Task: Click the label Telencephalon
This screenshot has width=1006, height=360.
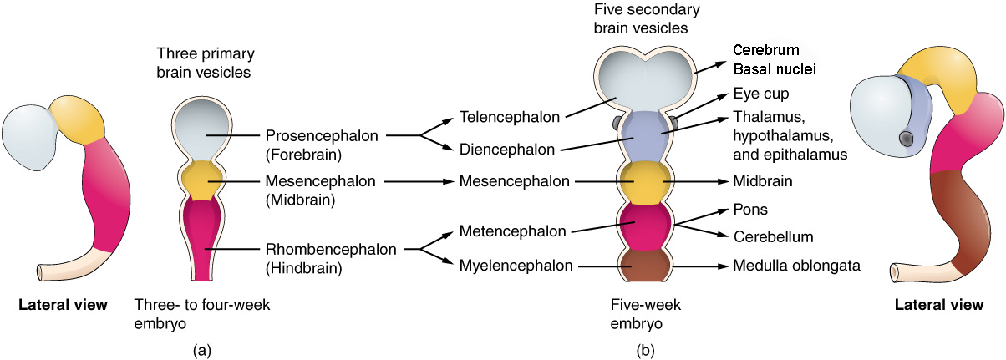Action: point(509,118)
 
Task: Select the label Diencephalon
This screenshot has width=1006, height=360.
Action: point(505,150)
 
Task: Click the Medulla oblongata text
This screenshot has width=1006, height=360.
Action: point(796,266)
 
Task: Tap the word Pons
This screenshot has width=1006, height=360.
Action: point(749,209)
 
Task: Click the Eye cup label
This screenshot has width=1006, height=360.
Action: point(760,94)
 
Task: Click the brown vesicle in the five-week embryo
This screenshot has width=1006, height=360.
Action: point(643,266)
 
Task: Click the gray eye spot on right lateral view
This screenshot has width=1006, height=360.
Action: point(907,138)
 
